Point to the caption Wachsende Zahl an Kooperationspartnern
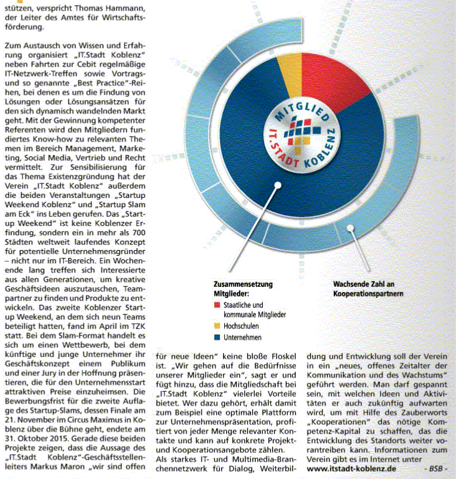click(x=368, y=288)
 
